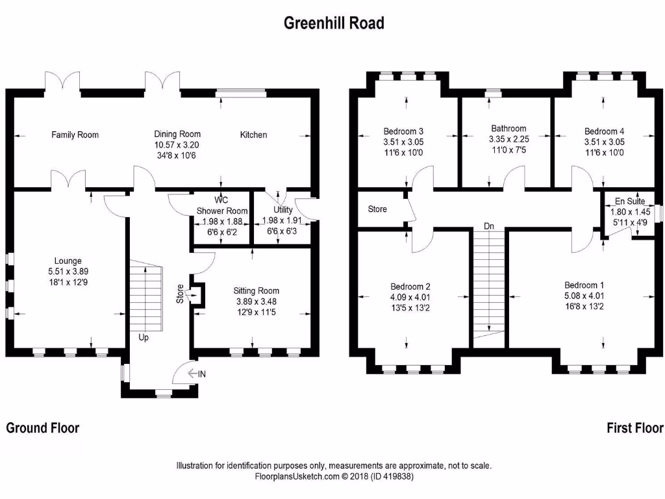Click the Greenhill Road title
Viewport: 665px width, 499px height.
[334, 23]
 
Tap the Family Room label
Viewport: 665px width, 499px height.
[75, 135]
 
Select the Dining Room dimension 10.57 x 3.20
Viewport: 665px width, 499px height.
[177, 146]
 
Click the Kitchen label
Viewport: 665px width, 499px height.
[253, 135]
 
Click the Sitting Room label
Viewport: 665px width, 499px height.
[257, 291]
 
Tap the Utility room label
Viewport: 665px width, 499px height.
[283, 210]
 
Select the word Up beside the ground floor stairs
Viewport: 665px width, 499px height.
[144, 337]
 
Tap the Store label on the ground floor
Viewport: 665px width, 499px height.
[180, 293]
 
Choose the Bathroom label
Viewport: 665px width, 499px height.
[508, 129]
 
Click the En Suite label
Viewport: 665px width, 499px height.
[630, 201]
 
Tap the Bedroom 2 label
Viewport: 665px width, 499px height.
[410, 287]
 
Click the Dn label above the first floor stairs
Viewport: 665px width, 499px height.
[490, 226]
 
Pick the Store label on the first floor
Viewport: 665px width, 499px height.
[377, 209]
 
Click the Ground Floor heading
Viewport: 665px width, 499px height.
[43, 428]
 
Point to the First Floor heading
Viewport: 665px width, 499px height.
[634, 428]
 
